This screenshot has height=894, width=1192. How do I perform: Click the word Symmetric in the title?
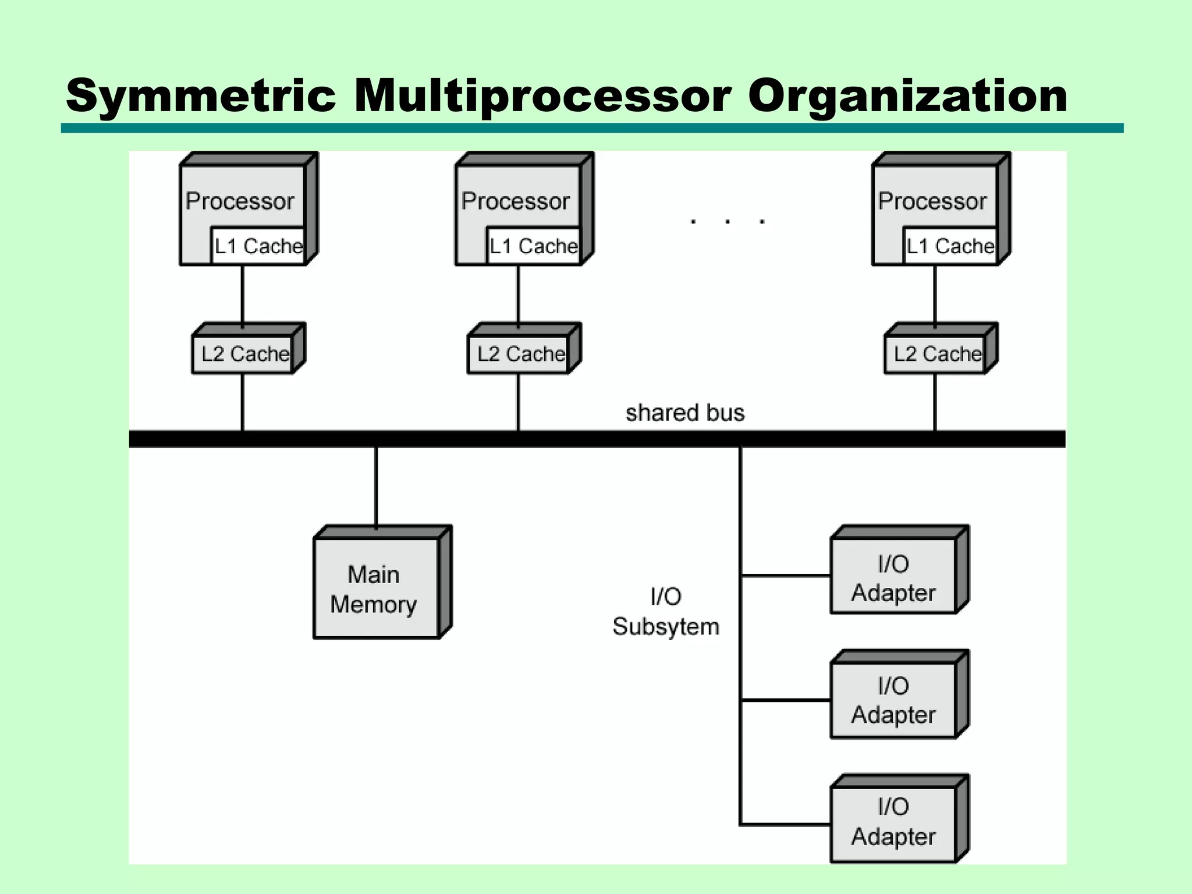pyautogui.click(x=201, y=96)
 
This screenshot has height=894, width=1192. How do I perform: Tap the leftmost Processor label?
pyautogui.click(x=240, y=201)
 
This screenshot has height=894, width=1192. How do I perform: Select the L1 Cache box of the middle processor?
pyautogui.click(x=533, y=246)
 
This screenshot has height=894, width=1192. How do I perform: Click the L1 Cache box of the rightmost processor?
pyautogui.click(x=950, y=246)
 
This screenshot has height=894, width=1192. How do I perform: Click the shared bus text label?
pyautogui.click(x=684, y=413)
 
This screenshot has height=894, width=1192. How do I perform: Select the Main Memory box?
pyautogui.click(x=375, y=588)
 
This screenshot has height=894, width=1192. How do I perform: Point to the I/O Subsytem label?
pyautogui.click(x=666, y=612)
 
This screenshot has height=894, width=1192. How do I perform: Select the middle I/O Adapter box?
pyautogui.click(x=893, y=700)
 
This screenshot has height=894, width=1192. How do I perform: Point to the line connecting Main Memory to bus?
pyautogui.click(x=376, y=486)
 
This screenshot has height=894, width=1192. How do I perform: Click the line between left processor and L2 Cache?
pyautogui.click(x=243, y=294)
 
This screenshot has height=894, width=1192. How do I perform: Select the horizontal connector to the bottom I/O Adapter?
pyautogui.click(x=786, y=825)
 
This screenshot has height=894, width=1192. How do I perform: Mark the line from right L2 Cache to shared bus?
pyautogui.click(x=935, y=402)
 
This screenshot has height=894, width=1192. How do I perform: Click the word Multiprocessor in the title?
pyautogui.click(x=541, y=96)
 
